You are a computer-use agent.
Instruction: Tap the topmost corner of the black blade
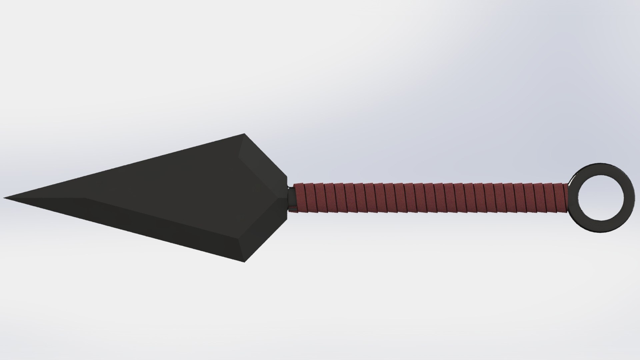(x=244, y=134)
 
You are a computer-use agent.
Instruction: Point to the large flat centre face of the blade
(x=167, y=187)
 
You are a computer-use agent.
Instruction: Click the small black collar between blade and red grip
(x=291, y=198)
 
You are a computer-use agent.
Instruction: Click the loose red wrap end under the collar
(x=293, y=210)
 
